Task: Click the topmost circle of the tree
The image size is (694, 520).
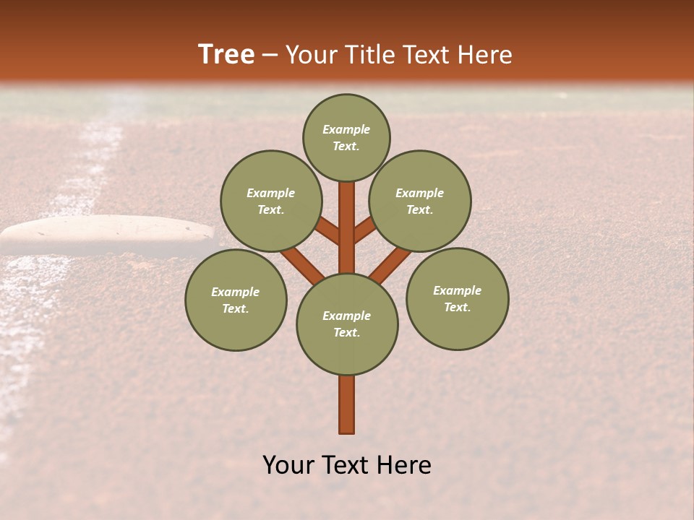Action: coord(346,137)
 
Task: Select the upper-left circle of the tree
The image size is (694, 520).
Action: coord(271,201)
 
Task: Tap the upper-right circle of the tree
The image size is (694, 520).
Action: coord(420,201)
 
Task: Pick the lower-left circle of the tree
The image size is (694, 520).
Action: coord(236,300)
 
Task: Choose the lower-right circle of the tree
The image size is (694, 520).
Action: coord(458,298)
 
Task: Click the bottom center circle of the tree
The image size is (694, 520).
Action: coord(347,324)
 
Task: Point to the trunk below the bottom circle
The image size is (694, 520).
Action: coord(347,404)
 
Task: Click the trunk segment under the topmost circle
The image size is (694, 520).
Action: coord(347,224)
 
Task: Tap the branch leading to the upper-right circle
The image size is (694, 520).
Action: coord(364,230)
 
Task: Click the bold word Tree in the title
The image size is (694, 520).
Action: coord(226,54)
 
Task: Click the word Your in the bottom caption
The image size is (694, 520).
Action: coord(288,465)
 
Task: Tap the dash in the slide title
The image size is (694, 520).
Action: coord(270,56)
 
